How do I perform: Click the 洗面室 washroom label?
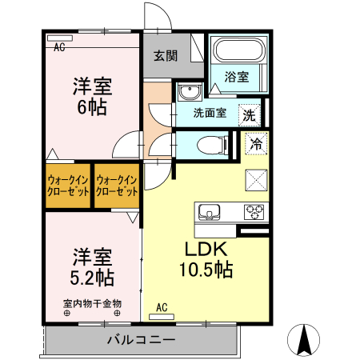[x=210, y=113]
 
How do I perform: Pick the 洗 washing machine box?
[x=250, y=114]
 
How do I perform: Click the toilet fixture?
[x=210, y=145]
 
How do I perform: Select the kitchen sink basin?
[x=210, y=212]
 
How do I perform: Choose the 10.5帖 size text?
[x=206, y=270]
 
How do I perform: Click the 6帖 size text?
[x=92, y=107]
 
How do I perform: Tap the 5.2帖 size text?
[x=92, y=278]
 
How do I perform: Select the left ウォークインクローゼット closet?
[x=69, y=186]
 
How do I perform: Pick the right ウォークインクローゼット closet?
[x=117, y=186]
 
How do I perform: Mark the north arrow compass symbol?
[x=305, y=339]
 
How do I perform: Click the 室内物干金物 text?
[x=92, y=303]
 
